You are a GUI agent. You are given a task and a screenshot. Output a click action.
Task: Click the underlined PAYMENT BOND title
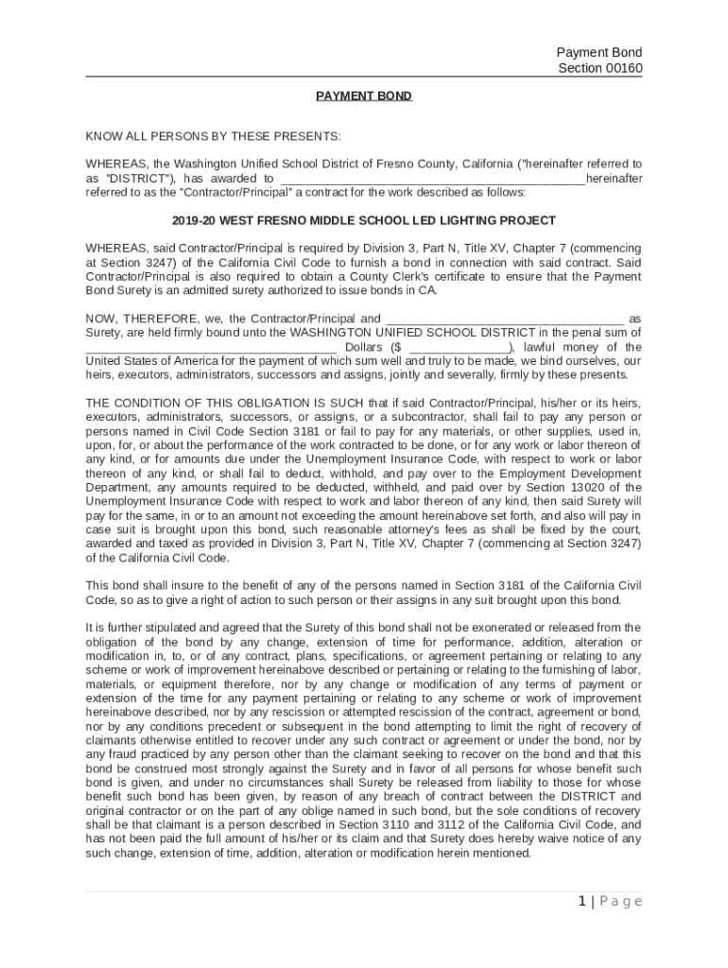pos(364,96)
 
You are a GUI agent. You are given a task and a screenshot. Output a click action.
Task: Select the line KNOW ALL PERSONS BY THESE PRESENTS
pos(214,137)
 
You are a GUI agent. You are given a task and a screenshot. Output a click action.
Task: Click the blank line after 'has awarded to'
pos(432,178)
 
